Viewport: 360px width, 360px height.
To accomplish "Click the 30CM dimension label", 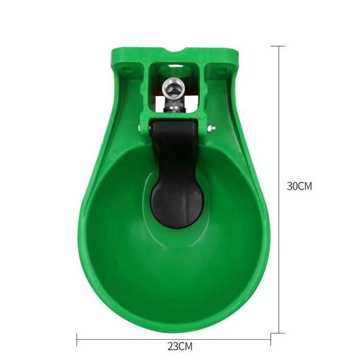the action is tap(300, 186).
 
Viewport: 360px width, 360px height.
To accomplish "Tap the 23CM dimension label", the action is tap(180, 346).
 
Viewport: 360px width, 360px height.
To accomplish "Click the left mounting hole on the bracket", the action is tap(126, 69).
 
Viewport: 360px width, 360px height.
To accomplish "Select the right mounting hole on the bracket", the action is tap(222, 70).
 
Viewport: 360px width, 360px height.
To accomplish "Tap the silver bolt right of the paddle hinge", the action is tap(211, 128).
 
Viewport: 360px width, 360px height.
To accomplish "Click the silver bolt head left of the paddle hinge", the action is tap(139, 128).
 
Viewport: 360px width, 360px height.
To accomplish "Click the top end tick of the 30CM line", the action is tap(278, 46).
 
